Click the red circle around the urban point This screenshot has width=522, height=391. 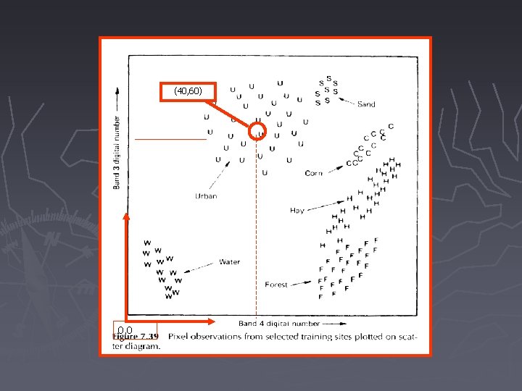click(x=259, y=133)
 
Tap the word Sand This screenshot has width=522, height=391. click(x=366, y=104)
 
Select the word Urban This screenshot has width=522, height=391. click(x=206, y=196)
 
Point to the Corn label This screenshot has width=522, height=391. click(x=314, y=173)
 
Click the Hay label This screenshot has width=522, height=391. click(x=297, y=211)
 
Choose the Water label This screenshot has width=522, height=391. click(x=230, y=262)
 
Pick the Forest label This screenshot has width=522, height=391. click(x=276, y=285)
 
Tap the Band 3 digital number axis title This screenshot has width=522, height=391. click(x=117, y=153)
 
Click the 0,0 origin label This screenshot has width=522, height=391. click(x=124, y=332)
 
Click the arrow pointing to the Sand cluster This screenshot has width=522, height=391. click(x=347, y=100)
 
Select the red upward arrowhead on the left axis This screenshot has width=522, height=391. click(x=127, y=215)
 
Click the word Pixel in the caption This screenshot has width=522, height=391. click(x=180, y=337)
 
